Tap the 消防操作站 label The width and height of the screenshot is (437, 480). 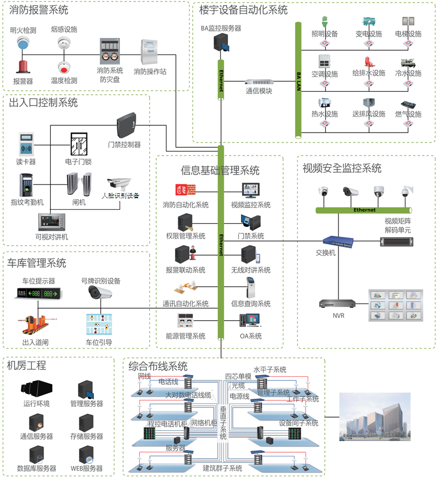[150, 71]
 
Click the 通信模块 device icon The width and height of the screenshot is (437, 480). [259, 82]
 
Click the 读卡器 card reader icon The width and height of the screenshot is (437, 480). [25, 143]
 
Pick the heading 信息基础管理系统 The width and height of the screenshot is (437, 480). [220, 170]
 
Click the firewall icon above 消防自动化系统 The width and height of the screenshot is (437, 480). [185, 190]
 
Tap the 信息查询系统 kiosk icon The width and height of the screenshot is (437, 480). [250, 288]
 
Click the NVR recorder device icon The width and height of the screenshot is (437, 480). [338, 304]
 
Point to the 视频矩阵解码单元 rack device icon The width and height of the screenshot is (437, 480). [398, 242]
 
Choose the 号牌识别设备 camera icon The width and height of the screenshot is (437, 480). [100, 292]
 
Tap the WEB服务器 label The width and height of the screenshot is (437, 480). [86, 468]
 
